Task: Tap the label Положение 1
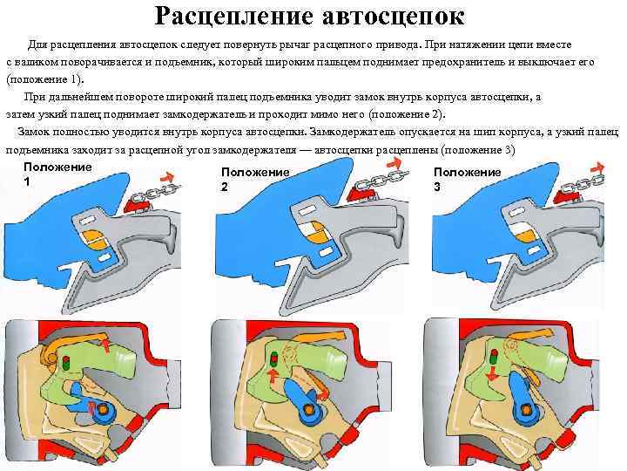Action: (57, 174)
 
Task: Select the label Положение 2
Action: (254, 180)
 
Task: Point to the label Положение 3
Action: (467, 180)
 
